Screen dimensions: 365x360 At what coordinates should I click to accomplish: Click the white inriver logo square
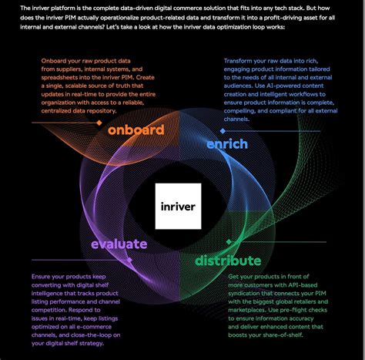pos(178,206)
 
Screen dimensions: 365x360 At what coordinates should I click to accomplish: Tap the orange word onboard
pos(136,130)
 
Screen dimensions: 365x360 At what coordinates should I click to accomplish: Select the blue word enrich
pos(227,144)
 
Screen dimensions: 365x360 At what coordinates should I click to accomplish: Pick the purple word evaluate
pos(119,244)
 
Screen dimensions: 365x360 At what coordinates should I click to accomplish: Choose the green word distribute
pos(228,261)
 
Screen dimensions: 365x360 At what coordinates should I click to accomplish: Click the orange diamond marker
pos(99,123)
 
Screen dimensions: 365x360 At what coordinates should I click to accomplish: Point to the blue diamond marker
pos(223,131)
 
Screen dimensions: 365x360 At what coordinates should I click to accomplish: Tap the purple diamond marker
pos(129,260)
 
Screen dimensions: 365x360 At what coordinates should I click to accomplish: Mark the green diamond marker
pos(229,242)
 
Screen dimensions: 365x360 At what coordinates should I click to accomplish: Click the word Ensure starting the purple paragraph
pos(41,277)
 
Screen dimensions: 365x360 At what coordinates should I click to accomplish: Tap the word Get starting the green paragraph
pos(233,277)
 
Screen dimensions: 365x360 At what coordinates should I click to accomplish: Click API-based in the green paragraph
pos(303,285)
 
